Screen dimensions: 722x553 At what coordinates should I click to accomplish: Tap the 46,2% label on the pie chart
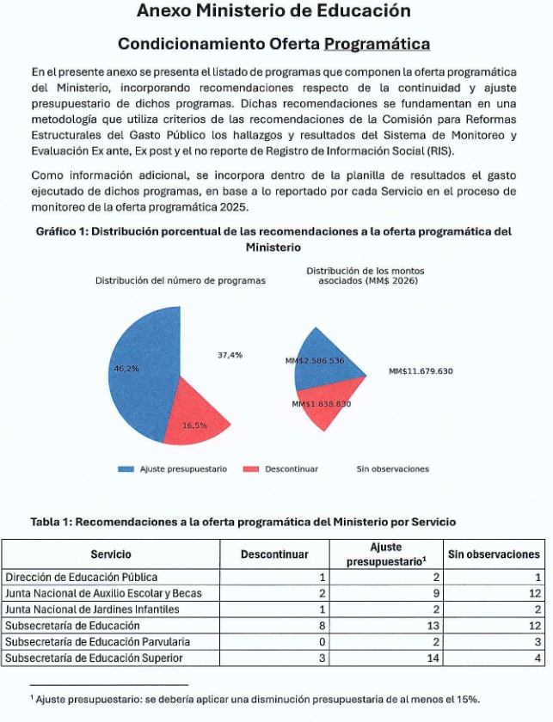click(126, 369)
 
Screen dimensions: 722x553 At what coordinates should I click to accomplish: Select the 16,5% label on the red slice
click(195, 425)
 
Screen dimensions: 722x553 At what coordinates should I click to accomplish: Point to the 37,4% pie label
click(230, 355)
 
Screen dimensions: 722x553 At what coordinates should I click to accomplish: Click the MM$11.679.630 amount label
click(421, 371)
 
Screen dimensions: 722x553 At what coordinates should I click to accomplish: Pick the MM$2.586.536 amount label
click(314, 361)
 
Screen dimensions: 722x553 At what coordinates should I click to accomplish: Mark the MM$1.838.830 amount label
click(321, 404)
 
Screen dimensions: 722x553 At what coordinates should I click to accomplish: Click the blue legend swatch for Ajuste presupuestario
click(126, 469)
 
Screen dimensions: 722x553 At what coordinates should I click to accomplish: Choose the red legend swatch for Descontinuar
click(251, 469)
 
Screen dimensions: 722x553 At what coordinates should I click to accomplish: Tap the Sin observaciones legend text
click(392, 469)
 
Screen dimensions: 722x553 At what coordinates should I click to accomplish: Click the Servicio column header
click(110, 554)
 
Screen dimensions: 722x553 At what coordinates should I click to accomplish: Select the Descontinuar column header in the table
click(273, 554)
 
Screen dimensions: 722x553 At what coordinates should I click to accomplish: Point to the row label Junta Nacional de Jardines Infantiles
click(92, 609)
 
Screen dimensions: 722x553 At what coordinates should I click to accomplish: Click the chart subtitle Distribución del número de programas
click(180, 280)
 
